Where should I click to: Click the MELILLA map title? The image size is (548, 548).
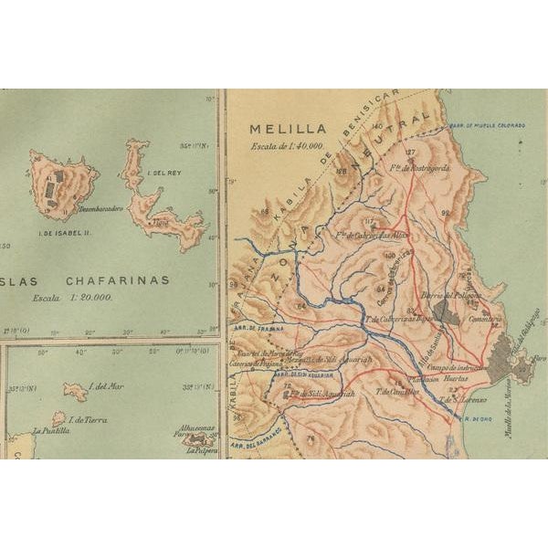click(x=283, y=130)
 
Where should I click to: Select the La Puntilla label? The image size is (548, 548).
click(x=50, y=430)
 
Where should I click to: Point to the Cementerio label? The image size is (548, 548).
click(x=483, y=319)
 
